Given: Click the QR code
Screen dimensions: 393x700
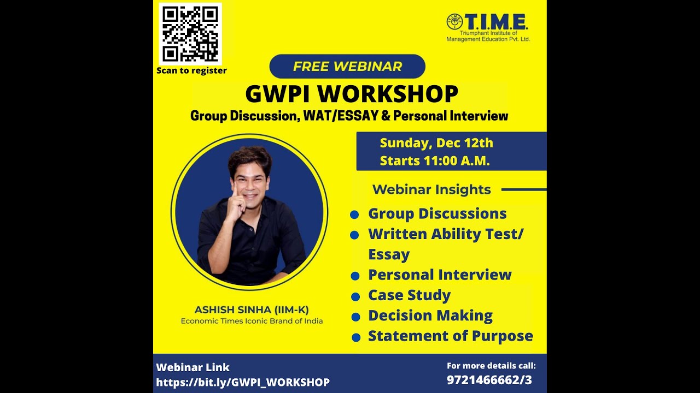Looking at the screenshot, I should pyautogui.click(x=190, y=34).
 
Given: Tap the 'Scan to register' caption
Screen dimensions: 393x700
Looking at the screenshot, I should pyautogui.click(x=191, y=70).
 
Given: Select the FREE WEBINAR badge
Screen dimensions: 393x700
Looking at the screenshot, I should pyautogui.click(x=347, y=67).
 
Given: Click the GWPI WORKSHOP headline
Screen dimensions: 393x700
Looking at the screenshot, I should pyautogui.click(x=351, y=94).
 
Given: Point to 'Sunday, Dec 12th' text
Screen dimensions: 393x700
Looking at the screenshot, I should pyautogui.click(x=436, y=143).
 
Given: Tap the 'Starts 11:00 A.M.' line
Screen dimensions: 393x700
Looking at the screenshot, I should pyautogui.click(x=435, y=161).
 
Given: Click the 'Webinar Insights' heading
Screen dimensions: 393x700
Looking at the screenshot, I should pyautogui.click(x=431, y=190).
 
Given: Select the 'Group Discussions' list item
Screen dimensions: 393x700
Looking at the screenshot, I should pyautogui.click(x=437, y=213).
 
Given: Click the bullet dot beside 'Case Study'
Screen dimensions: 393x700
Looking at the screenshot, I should pyautogui.click(x=355, y=296).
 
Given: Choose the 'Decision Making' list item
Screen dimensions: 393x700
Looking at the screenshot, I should pyautogui.click(x=430, y=315).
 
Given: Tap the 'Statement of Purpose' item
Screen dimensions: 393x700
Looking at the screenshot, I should pyautogui.click(x=450, y=336).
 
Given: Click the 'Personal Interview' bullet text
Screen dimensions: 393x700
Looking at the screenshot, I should pyautogui.click(x=440, y=275).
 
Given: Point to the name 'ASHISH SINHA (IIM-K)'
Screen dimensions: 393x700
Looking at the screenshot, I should pyautogui.click(x=252, y=310).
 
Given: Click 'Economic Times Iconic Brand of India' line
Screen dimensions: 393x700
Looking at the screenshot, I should pyautogui.click(x=252, y=321).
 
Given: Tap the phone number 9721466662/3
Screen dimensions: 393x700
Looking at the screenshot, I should pyautogui.click(x=489, y=380).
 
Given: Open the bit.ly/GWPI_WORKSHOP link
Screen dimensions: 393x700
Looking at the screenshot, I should pyautogui.click(x=243, y=382).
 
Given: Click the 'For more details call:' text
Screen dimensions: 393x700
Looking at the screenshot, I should pyautogui.click(x=491, y=366).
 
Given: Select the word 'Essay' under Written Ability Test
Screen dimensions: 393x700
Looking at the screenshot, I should pyautogui.click(x=388, y=254).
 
